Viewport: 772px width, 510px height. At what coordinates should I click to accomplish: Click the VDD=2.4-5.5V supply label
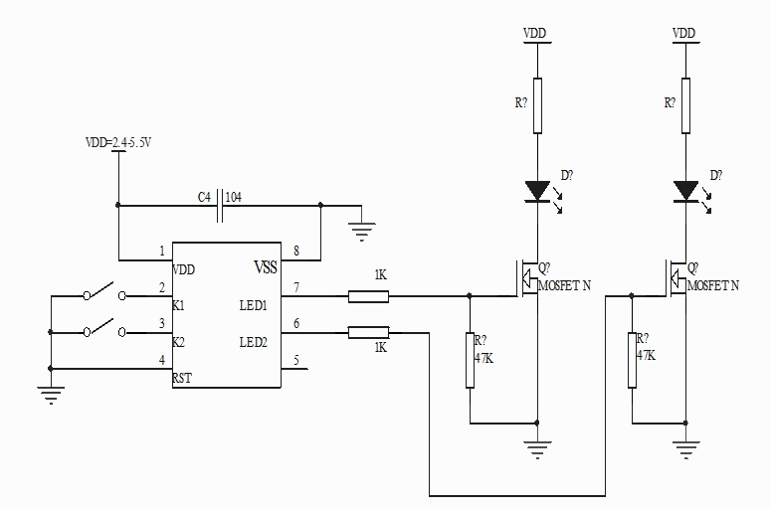pyautogui.click(x=117, y=143)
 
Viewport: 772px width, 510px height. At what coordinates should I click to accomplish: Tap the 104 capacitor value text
pyautogui.click(x=235, y=196)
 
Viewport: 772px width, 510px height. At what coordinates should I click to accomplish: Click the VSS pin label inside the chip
pyautogui.click(x=265, y=268)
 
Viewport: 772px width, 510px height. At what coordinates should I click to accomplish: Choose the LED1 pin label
pyautogui.click(x=254, y=304)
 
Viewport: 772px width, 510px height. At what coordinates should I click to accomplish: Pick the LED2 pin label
pyautogui.click(x=254, y=342)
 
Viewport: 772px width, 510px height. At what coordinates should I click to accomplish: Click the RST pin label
pyautogui.click(x=182, y=378)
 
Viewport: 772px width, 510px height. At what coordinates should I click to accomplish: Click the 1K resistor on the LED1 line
pyautogui.click(x=368, y=295)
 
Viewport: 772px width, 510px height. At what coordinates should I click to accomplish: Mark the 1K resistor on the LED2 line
pyautogui.click(x=368, y=332)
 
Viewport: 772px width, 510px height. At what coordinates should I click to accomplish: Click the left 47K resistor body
pyautogui.click(x=470, y=360)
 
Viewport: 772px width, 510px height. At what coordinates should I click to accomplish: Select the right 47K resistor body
pyautogui.click(x=632, y=360)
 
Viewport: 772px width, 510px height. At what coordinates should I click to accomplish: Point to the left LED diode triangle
pyautogui.click(x=537, y=189)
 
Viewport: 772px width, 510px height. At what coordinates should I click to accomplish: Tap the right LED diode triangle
pyautogui.click(x=684, y=189)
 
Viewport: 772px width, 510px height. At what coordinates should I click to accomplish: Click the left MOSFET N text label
pyautogui.click(x=565, y=285)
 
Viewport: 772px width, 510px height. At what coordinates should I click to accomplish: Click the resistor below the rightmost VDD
pyautogui.click(x=684, y=105)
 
